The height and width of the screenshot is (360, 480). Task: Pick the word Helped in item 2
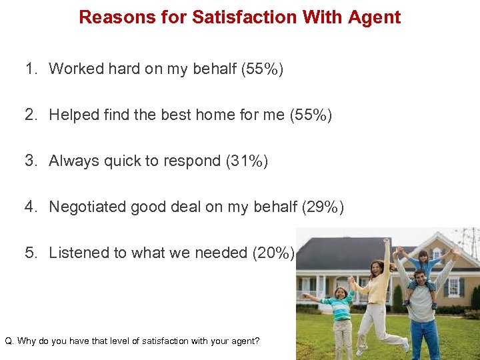73,115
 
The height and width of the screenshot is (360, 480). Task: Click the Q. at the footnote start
9,341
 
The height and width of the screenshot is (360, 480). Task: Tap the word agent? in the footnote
244,341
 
